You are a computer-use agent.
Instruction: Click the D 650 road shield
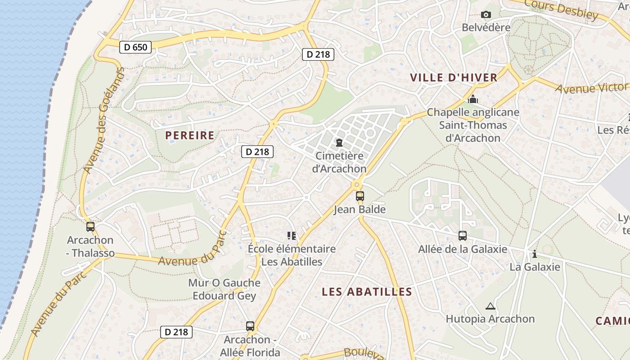[135, 47]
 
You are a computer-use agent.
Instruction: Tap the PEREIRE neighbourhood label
[189, 135]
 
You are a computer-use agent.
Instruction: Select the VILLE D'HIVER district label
[454, 77]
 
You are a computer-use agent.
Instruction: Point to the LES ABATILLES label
[367, 292]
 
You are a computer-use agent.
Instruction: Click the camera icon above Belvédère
[486, 15]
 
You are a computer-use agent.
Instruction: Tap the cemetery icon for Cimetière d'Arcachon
[339, 143]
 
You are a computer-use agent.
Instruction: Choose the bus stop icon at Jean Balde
[360, 196]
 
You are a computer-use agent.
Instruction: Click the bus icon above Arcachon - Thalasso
[90, 227]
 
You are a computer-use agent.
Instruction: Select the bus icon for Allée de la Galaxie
[462, 236]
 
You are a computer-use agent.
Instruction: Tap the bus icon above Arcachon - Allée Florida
[250, 326]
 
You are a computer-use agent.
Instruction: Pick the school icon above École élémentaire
[292, 235]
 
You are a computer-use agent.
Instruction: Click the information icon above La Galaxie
[534, 254]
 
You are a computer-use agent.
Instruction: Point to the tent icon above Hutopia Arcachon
[490, 306]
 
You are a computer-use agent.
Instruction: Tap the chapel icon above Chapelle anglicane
[472, 99]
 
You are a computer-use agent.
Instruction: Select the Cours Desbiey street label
[561, 9]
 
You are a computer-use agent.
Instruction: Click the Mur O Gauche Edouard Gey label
[224, 289]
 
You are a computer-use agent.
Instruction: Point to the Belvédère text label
[486, 27]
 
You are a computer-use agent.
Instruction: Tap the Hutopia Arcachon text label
[490, 319]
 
